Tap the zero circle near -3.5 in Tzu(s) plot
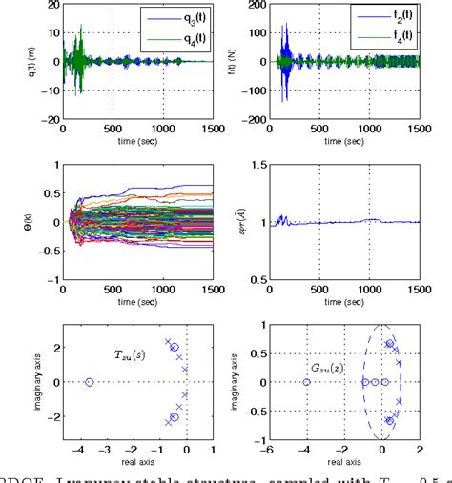click(x=90, y=382)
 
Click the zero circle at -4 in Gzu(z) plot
click(x=306, y=382)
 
